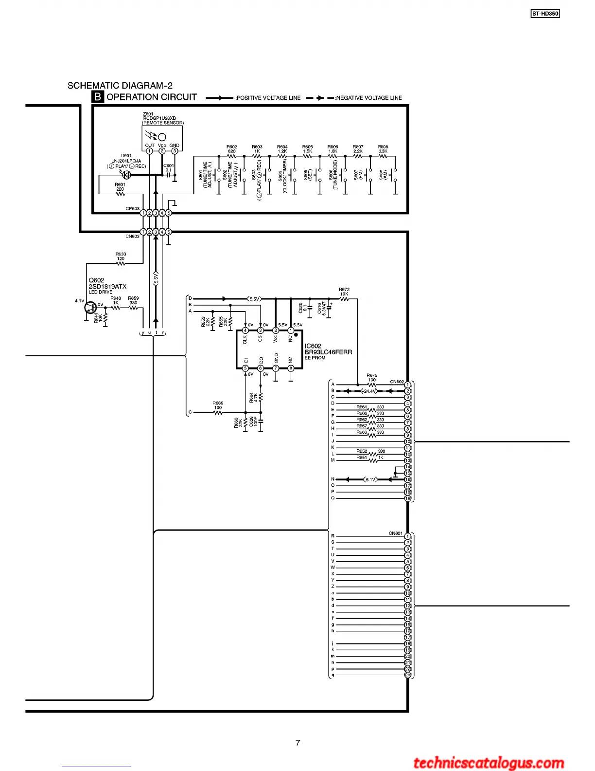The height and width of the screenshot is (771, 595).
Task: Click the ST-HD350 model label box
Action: (x=545, y=14)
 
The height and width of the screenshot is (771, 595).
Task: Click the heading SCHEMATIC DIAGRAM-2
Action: (x=120, y=86)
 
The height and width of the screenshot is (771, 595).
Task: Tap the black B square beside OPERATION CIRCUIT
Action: (x=98, y=97)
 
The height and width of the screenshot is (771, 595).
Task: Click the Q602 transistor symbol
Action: (x=90, y=307)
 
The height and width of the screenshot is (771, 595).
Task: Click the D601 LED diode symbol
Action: (x=127, y=175)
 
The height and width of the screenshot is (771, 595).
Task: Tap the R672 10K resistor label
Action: (x=344, y=292)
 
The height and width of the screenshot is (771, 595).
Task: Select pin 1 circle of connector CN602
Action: (x=408, y=385)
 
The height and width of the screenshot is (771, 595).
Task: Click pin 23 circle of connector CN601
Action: (x=408, y=675)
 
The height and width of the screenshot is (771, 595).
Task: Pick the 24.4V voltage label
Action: (x=370, y=391)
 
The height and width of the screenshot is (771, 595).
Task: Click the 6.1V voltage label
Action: (x=370, y=479)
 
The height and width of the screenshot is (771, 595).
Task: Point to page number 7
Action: (x=297, y=743)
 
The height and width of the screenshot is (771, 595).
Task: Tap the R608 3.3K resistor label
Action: (x=383, y=149)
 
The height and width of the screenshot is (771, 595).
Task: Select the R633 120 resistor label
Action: (x=121, y=257)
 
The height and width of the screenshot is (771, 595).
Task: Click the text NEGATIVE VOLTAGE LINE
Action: (x=369, y=98)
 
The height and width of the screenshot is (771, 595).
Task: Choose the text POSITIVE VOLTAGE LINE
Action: (x=268, y=98)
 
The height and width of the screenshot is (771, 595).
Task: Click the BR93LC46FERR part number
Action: (x=328, y=352)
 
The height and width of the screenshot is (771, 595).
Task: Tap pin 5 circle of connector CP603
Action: (x=168, y=213)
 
